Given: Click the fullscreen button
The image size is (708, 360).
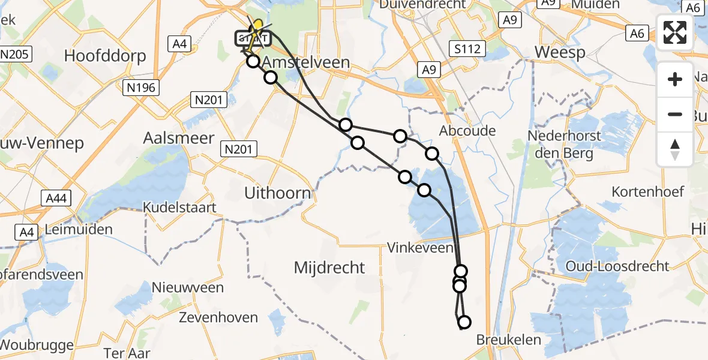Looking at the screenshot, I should coord(676,32).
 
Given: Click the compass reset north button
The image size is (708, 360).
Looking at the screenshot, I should coord(676,149).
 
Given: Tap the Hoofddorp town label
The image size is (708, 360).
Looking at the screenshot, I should coord(105,57).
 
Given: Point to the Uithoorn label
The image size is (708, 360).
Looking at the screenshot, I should coord(278,193).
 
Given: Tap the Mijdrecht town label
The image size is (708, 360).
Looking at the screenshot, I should coord(329,268).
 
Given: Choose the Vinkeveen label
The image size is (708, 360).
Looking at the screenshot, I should coord(419,247).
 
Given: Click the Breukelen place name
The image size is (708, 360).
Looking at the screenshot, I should coord(508,340).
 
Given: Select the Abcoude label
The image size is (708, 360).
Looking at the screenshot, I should coord(467,131).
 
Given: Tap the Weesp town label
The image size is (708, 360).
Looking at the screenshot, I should coord(560,52).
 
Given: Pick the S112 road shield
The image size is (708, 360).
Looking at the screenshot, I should coord(467,49).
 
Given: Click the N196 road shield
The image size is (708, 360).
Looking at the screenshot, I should coord(142,88).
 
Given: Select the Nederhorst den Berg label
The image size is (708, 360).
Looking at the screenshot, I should coord(564,144).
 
